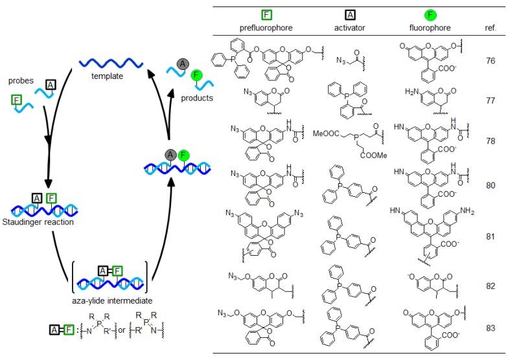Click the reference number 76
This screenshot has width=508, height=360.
[x=491, y=61]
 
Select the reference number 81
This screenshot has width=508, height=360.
[x=491, y=236]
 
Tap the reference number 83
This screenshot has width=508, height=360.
[x=491, y=328]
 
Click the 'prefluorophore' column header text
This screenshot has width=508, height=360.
[x=266, y=28]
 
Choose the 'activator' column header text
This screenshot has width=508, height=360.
[x=350, y=28]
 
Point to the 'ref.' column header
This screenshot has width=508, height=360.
[x=491, y=28]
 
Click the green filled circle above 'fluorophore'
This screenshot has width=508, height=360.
[x=430, y=14]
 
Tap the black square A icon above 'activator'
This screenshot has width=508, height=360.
[x=350, y=15]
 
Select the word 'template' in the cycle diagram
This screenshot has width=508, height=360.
[x=107, y=76]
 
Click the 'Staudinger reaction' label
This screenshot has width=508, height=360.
[x=38, y=222]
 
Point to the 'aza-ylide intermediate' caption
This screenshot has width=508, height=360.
[x=112, y=300]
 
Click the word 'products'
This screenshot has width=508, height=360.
[x=197, y=98]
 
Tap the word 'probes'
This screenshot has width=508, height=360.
[x=21, y=80]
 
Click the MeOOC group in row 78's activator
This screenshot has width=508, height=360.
[x=326, y=133]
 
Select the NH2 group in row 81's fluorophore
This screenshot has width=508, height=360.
[x=467, y=211]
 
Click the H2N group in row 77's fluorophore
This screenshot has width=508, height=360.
[x=411, y=92]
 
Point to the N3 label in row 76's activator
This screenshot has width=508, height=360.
[x=341, y=61]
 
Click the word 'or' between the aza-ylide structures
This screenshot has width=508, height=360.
[x=122, y=330]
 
